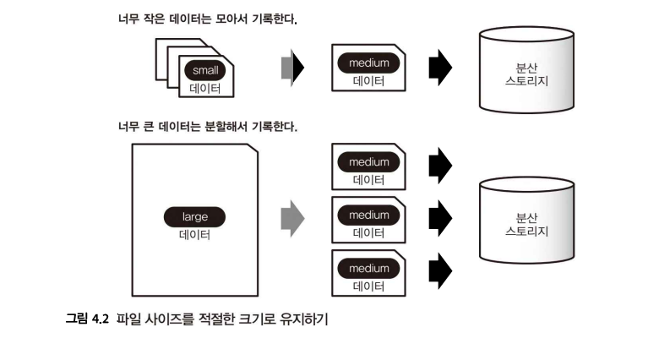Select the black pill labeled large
click(x=194, y=216)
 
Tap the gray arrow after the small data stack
click(x=291, y=66)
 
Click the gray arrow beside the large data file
click(x=291, y=217)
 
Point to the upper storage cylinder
click(x=526, y=71)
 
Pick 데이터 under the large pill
click(x=194, y=234)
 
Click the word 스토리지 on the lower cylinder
click(x=526, y=231)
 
